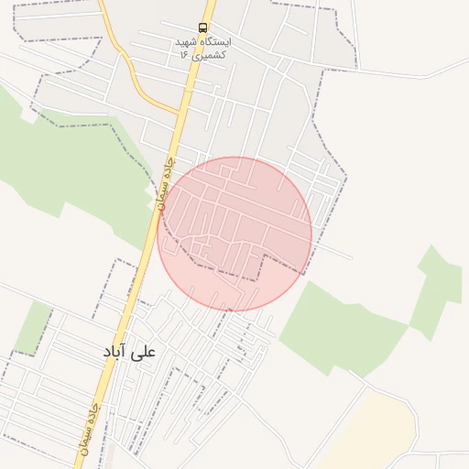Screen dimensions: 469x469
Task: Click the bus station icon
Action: click(202, 27)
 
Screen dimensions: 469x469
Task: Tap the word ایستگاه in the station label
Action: click(216, 42)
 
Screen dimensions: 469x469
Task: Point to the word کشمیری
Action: click(208, 55)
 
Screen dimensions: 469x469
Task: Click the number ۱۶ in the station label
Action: click(183, 55)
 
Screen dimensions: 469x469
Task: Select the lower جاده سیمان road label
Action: click(91, 430)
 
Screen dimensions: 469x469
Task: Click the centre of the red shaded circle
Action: click(234, 234)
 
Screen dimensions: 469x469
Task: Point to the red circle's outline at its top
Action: click(234, 158)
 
